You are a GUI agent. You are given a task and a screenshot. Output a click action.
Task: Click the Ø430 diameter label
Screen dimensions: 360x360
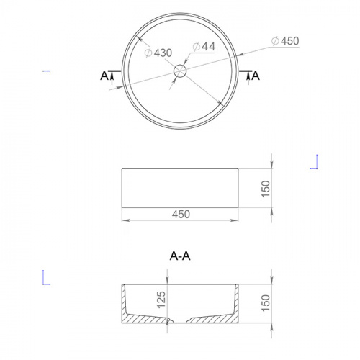click(x=158, y=53)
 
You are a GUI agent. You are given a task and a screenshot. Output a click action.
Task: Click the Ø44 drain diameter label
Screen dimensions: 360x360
click(x=204, y=47)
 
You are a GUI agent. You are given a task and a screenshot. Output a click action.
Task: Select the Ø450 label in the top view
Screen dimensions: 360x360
click(x=285, y=41)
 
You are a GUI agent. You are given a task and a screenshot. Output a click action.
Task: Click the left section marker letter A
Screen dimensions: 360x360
click(x=104, y=76)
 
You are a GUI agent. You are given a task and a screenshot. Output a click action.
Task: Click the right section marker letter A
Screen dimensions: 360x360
click(x=256, y=76)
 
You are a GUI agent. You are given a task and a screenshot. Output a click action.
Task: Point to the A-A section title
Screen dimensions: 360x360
click(x=180, y=256)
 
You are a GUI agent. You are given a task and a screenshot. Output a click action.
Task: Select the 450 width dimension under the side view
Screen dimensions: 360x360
click(x=181, y=214)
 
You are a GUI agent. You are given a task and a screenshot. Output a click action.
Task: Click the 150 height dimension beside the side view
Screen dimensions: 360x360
click(x=266, y=189)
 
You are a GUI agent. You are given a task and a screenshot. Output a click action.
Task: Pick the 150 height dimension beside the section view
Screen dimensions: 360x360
click(x=266, y=303)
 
